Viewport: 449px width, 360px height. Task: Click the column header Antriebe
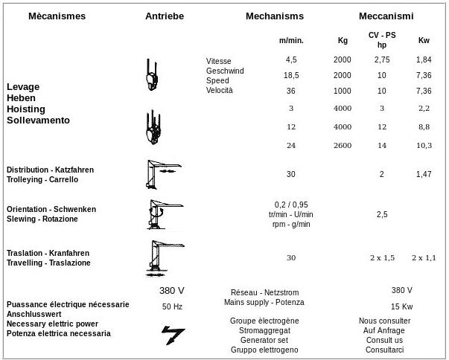pos(165,16)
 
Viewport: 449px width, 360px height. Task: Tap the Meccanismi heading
pos(386,16)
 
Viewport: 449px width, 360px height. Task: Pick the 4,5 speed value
pos(291,59)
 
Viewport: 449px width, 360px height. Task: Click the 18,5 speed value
pos(291,75)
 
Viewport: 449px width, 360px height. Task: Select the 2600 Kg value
pos(343,145)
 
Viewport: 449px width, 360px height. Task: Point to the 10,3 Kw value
pos(424,145)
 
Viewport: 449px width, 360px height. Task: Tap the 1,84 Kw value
pos(424,59)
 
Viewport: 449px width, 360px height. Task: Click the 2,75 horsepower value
pos(382,59)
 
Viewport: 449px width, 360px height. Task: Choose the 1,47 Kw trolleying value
pos(424,174)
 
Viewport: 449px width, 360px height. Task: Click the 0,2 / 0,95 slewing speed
pos(291,205)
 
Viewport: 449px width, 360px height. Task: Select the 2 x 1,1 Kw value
pos(424,257)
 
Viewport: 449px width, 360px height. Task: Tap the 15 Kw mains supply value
pos(401,306)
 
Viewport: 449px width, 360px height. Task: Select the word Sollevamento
pos(38,120)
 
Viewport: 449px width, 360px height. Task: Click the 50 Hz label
pos(172,306)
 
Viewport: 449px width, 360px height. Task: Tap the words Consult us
pos(384,340)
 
